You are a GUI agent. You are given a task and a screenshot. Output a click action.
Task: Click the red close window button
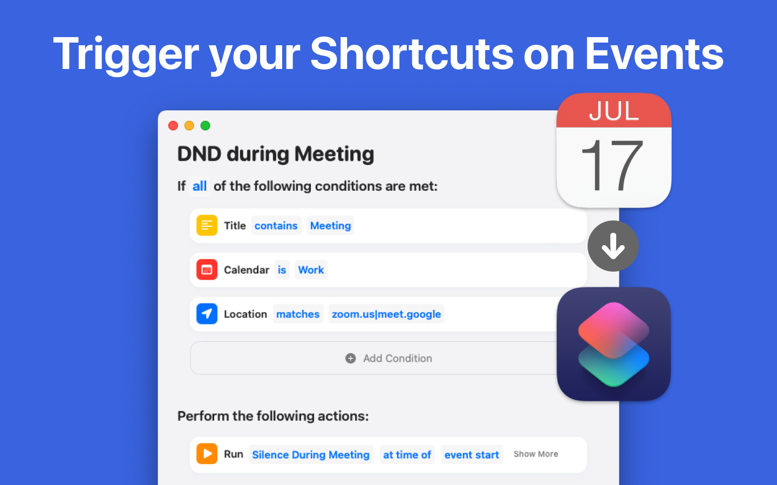tap(173, 126)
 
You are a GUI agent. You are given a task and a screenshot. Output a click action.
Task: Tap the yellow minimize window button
tap(189, 126)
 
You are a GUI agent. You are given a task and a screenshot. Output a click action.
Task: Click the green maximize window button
tap(206, 126)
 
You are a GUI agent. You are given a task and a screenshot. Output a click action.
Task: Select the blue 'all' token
tap(200, 186)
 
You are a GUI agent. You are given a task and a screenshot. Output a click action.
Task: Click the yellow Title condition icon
tap(207, 225)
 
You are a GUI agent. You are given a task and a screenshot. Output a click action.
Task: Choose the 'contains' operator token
tap(276, 225)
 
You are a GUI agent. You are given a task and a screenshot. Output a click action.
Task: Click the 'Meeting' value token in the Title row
tap(330, 225)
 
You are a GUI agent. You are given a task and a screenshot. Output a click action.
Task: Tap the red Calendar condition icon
tap(207, 269)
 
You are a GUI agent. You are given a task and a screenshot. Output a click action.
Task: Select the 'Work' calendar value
tap(311, 269)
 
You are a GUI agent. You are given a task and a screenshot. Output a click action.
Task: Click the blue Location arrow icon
tap(207, 314)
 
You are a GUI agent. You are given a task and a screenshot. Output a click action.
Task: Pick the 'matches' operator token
tap(298, 314)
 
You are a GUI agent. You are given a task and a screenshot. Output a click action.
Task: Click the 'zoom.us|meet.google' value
tap(386, 314)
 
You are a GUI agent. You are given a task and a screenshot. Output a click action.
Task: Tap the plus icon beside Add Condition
tap(350, 358)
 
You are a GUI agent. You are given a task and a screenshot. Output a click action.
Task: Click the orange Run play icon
tap(207, 454)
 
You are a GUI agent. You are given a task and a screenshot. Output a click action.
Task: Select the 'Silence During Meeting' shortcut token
tap(311, 454)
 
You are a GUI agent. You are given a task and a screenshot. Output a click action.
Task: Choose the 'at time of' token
tap(407, 454)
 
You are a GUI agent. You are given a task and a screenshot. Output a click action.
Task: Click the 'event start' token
tap(472, 454)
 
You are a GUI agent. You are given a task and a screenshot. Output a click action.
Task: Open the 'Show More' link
tap(536, 454)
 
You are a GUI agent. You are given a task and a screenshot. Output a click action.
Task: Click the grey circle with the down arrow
tap(614, 246)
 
